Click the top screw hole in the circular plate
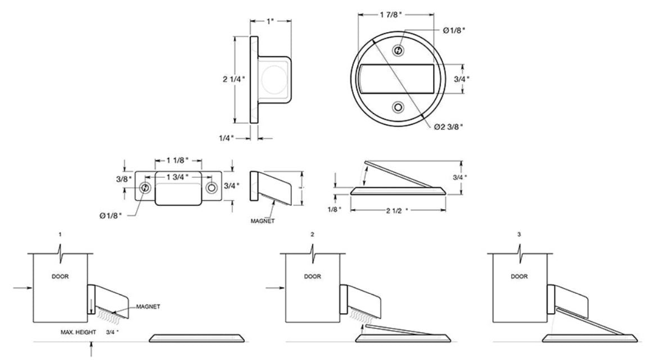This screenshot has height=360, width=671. (x=399, y=51)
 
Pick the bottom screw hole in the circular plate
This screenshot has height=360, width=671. (x=399, y=107)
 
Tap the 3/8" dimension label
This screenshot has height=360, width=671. (x=125, y=179)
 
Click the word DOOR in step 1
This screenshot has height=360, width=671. (x=60, y=277)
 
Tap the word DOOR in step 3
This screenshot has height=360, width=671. (x=519, y=277)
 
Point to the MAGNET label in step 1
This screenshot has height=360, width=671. (x=148, y=307)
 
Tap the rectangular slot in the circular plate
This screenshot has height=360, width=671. (x=398, y=79)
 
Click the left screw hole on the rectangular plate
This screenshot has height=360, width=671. (x=146, y=188)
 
